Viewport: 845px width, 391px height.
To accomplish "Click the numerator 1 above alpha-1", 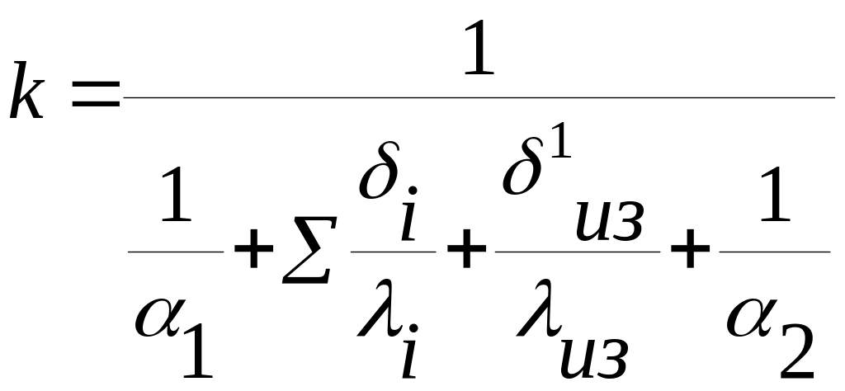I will click(176, 198).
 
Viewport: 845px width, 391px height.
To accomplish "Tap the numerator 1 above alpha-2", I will click(775, 198).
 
